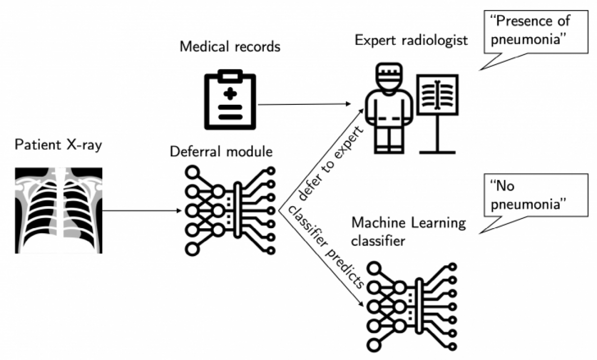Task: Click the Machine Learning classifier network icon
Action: pyautogui.click(x=412, y=304)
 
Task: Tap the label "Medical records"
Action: pyautogui.click(x=230, y=47)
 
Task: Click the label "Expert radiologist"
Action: pyautogui.click(x=411, y=40)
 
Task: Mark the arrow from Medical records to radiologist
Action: pyautogui.click(x=305, y=104)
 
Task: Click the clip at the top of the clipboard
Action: pyautogui.click(x=230, y=76)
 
